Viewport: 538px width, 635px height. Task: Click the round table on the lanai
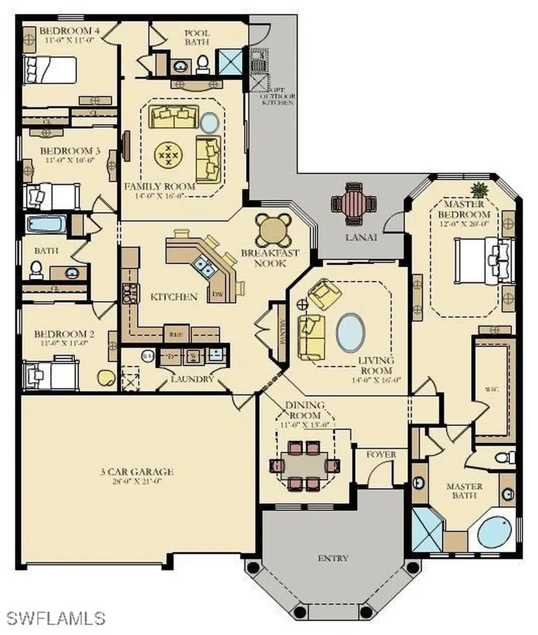353,202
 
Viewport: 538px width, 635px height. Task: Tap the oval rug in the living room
350,333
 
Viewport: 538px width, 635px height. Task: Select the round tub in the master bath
496,532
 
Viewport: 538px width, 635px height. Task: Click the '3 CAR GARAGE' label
136,472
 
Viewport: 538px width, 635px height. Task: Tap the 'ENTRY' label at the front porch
333,557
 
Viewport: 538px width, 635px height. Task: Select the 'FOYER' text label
381,455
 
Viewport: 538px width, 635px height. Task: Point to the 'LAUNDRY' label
193,378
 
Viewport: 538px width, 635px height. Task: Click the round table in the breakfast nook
274,230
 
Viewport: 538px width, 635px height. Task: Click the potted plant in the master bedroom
479,189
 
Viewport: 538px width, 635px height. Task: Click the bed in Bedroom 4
50,70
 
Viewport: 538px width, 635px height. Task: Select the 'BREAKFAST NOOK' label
270,258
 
